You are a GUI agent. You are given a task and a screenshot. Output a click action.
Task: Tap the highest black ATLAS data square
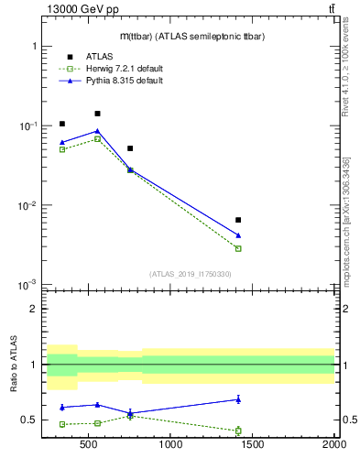pyautogui.click(x=97, y=114)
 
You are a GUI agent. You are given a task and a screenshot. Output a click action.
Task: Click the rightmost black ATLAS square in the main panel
pyautogui.click(x=238, y=220)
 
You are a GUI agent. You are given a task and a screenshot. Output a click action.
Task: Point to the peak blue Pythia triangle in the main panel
pyautogui.click(x=97, y=131)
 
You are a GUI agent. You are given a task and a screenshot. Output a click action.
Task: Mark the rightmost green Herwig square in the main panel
pyautogui.click(x=238, y=248)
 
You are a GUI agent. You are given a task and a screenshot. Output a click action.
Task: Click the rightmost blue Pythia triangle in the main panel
pyautogui.click(x=238, y=235)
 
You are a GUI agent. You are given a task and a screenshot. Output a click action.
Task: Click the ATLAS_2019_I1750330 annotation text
pyautogui.click(x=190, y=274)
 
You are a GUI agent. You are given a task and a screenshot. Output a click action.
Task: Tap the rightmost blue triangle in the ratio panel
pyautogui.click(x=238, y=399)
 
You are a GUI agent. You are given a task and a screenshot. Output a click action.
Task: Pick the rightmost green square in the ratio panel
pyautogui.click(x=238, y=431)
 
